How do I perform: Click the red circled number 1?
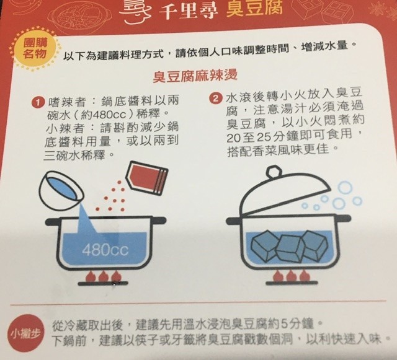(x=38, y=102)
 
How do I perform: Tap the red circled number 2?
(x=215, y=99)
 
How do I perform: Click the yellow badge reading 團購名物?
(x=35, y=50)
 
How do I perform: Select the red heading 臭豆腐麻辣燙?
(x=195, y=76)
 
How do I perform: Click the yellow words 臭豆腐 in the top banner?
(x=254, y=9)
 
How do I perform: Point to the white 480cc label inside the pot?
(x=105, y=250)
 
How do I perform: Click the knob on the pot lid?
(x=274, y=172)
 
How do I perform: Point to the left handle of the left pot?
(x=53, y=222)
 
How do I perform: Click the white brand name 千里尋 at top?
(x=189, y=11)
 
